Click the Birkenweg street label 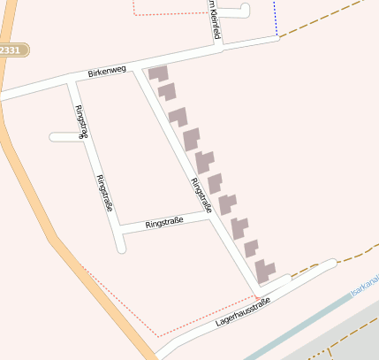(107, 71)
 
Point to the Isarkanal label (363, 285)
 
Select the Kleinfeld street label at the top (212, 19)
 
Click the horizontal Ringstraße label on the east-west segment (164, 219)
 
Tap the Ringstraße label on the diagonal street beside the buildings (201, 195)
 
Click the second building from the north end (167, 91)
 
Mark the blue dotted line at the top (275, 18)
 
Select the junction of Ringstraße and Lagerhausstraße (260, 289)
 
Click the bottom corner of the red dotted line (159, 336)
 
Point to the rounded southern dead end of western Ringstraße (121, 247)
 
